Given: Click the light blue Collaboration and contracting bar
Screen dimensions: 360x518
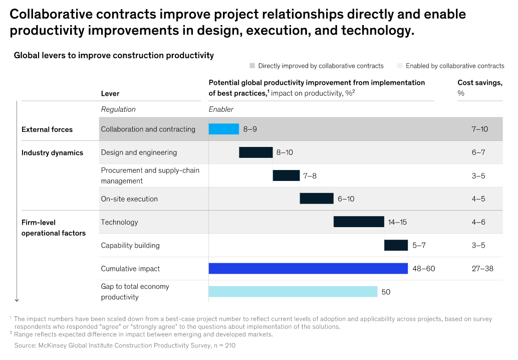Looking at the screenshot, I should [224, 129].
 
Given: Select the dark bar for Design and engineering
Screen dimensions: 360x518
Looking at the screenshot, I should [255, 152].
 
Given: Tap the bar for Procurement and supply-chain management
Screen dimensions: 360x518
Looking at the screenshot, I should [286, 175].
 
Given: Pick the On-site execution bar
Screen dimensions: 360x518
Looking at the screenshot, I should [317, 199].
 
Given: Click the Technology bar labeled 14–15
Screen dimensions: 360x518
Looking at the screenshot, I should [359, 222].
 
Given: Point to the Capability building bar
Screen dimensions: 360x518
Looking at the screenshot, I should [396, 245].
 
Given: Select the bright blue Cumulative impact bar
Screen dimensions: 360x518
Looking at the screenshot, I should [308, 269].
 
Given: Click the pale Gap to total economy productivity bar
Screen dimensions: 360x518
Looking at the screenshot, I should [293, 292].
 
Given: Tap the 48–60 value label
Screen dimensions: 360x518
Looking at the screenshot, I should [424, 269].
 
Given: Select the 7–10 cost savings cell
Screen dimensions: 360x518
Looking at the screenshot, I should [479, 129].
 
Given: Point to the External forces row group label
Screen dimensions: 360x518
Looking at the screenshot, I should [47, 129].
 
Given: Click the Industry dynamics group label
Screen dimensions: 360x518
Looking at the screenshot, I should [52, 152].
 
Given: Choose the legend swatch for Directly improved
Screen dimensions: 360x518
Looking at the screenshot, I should [252, 66].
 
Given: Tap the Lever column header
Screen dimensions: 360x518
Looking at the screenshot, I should [110, 93].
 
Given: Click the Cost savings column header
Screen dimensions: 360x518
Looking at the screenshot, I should [479, 83].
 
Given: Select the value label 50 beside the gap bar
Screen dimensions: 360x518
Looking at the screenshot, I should [386, 292].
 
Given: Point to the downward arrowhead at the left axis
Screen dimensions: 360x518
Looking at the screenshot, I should [17, 299].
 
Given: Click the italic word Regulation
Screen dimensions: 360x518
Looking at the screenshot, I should [118, 109].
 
